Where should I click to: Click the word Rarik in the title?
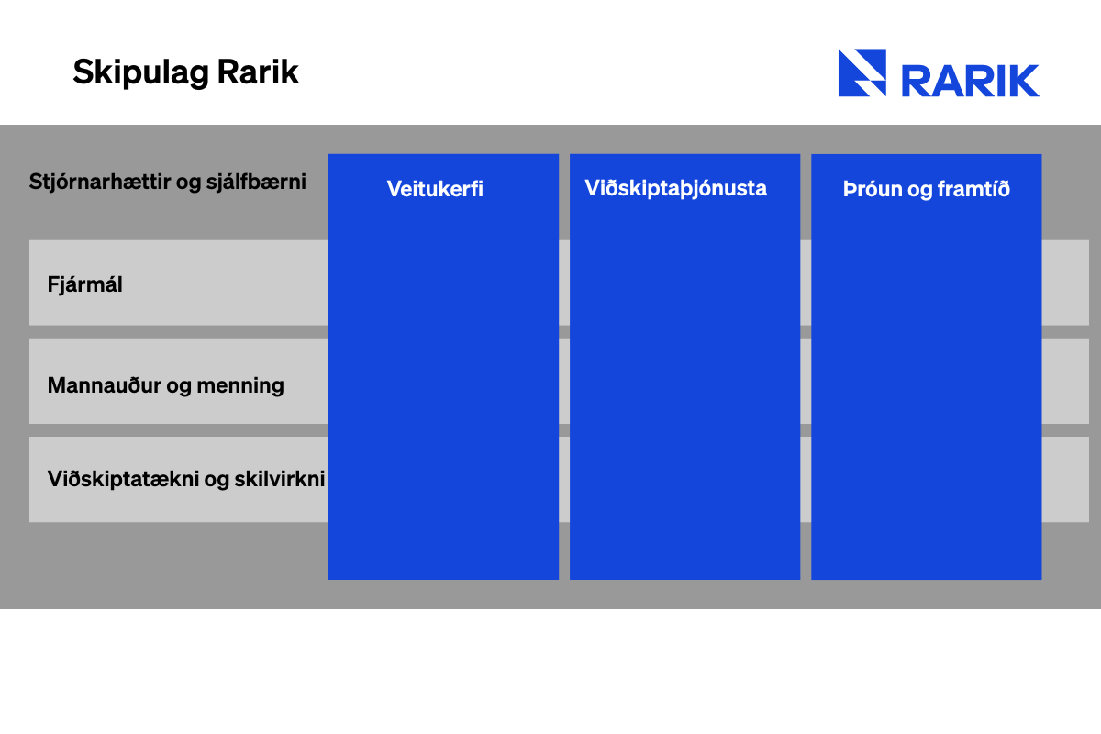[x=258, y=72]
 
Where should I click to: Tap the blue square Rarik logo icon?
[x=862, y=72]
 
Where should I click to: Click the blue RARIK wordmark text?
[x=971, y=81]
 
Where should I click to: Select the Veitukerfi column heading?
[x=435, y=189]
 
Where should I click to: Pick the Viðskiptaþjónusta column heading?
[x=676, y=189]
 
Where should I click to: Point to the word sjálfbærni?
[x=256, y=182]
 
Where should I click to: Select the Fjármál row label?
[x=84, y=284]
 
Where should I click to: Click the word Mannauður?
[x=105, y=385]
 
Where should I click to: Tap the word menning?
[x=240, y=386]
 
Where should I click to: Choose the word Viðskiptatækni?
[x=123, y=479]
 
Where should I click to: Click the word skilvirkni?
[x=280, y=479]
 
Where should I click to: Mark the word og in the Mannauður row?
[x=179, y=387]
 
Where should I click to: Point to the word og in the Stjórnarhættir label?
[x=188, y=183]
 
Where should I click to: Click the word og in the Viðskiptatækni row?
[x=217, y=481]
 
